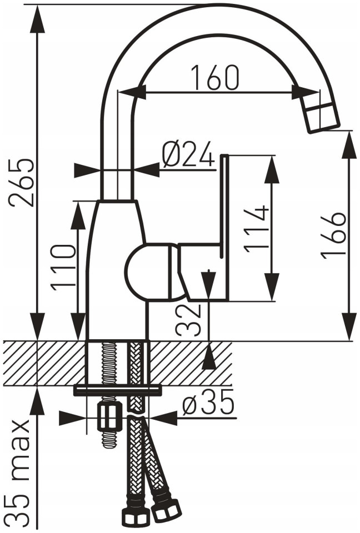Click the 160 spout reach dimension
214,78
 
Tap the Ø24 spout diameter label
188,155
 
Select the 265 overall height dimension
21,182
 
